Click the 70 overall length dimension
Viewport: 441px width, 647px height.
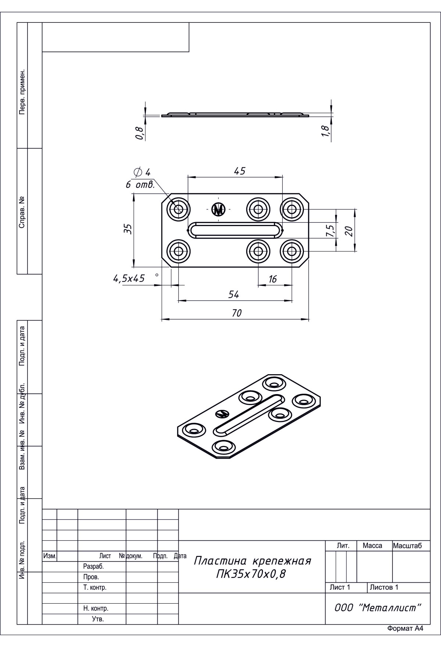tap(237, 313)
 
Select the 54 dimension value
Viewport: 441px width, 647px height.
tap(234, 294)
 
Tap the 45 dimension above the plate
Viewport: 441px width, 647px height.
tap(239, 171)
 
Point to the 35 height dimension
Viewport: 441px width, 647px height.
tap(128, 229)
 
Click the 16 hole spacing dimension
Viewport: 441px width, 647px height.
tap(272, 279)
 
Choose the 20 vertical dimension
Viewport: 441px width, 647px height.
tap(349, 231)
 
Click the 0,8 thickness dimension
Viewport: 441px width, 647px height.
tap(139, 133)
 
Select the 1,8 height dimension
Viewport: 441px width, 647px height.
tap(325, 131)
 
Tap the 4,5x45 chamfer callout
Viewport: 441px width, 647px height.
tap(129, 279)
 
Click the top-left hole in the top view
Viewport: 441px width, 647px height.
tap(179, 210)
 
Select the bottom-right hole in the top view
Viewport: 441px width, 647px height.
tap(292, 252)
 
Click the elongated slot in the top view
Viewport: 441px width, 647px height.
tap(235, 230)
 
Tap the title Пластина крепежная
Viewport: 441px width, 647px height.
tap(252, 561)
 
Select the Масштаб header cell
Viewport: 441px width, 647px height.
tap(407, 546)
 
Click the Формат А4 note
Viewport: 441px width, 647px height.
tap(405, 639)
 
